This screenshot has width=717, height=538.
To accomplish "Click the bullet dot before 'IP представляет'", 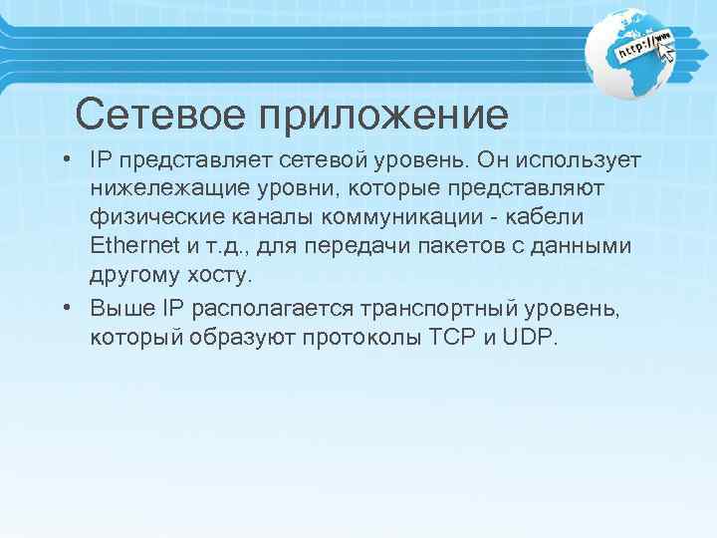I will pyautogui.click(x=66, y=160).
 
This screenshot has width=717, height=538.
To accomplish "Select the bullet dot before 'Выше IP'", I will pyautogui.click(x=66, y=308).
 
